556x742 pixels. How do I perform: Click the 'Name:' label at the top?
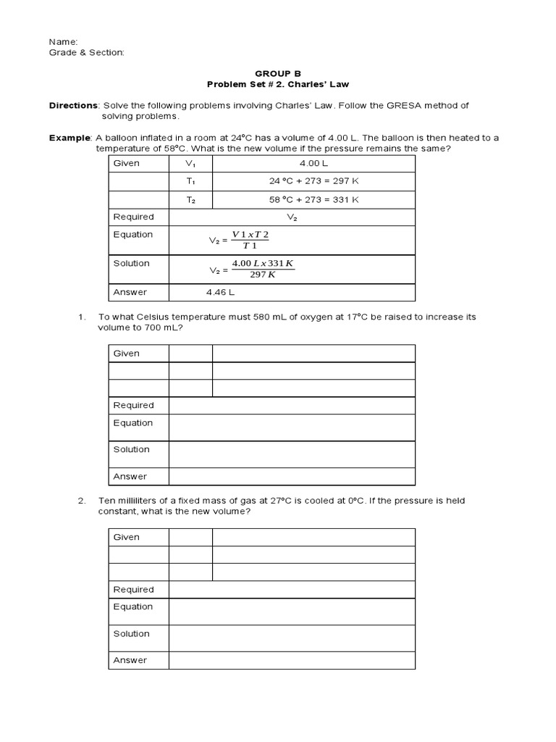click(63, 42)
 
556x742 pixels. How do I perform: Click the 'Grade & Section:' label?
click(86, 52)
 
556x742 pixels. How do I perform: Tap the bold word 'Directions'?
click(72, 105)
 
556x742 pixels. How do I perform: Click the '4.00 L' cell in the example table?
click(313, 163)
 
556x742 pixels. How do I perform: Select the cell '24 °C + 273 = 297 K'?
click(313, 181)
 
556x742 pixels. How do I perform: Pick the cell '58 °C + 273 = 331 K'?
click(313, 199)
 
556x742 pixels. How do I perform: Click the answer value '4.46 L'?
click(221, 292)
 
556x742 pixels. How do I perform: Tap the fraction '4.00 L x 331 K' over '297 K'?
click(263, 268)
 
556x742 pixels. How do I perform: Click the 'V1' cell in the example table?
click(190, 163)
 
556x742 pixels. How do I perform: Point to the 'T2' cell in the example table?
click(190, 199)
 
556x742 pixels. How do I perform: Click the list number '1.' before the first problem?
click(83, 317)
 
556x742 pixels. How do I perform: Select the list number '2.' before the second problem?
click(83, 501)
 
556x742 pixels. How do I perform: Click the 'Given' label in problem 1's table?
click(126, 353)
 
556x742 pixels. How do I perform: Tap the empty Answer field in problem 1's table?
click(292, 476)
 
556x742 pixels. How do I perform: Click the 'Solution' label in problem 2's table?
click(131, 633)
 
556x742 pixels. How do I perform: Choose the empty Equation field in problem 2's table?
click(292, 611)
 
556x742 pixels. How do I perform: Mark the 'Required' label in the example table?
click(133, 217)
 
